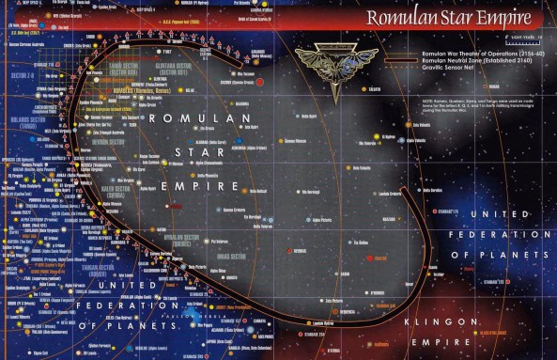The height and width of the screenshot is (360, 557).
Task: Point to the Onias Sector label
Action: [230, 257]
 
